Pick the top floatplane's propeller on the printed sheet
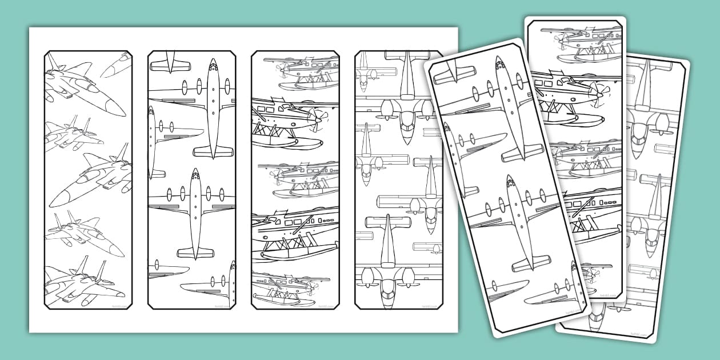pyautogui.click(x=282, y=69)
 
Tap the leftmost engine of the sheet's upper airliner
pyautogui.click(x=184, y=87)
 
